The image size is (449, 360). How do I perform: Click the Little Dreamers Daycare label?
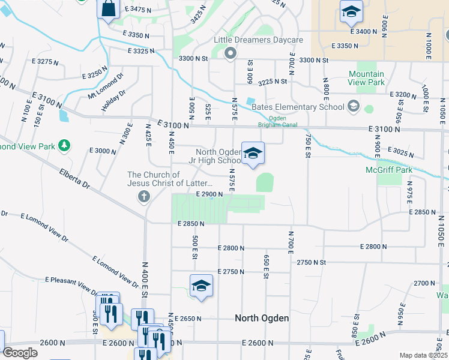tap(259, 40)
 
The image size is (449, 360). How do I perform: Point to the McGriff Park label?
tap(389, 170)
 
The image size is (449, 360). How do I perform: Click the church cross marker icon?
tap(143, 196)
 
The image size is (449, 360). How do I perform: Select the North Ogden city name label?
tap(262, 318)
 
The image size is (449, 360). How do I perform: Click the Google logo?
tap(20, 353)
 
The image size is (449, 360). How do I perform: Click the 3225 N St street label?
tap(273, 81)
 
